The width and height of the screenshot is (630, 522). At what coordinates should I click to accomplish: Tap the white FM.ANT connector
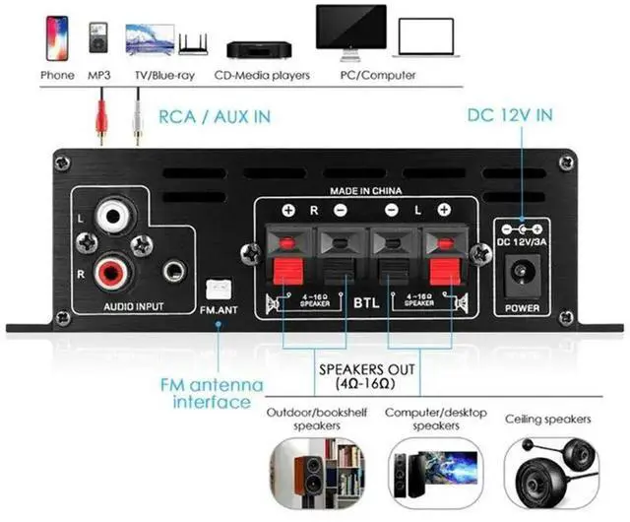217,291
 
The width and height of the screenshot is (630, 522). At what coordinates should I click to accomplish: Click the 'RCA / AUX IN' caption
215,116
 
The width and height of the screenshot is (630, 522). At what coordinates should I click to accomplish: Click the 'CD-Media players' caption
268,75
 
